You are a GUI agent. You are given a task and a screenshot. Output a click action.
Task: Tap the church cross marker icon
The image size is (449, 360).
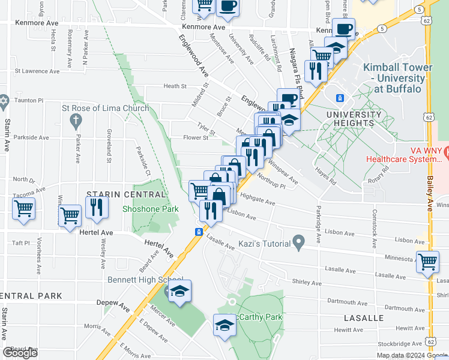pos(76,122)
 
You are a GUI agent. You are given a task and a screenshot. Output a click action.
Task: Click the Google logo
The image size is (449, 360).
pos(20,353)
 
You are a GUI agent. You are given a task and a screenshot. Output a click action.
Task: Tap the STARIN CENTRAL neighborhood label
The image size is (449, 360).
pos(126,194)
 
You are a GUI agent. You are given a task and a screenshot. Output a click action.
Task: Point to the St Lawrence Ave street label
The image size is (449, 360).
pos(37,71)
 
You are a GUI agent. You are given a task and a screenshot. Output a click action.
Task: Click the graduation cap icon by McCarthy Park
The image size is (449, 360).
pos(224,325)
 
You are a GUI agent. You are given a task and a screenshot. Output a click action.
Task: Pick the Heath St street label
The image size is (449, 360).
pos(175,86)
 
